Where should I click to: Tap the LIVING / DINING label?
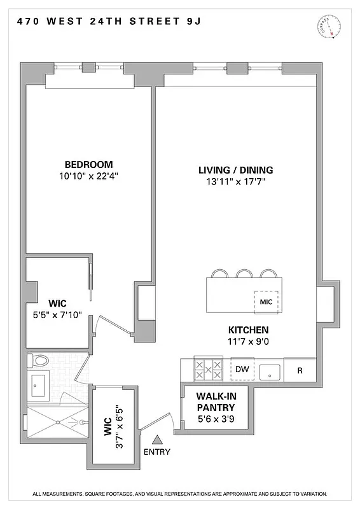click(235, 170)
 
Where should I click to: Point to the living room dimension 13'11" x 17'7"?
click(235, 182)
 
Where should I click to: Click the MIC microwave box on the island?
click(267, 302)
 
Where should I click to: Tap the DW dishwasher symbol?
click(242, 369)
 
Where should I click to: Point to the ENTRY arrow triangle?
click(157, 439)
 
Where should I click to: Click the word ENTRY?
click(157, 452)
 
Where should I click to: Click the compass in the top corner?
click(324, 27)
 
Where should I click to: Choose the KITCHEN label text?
click(248, 330)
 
